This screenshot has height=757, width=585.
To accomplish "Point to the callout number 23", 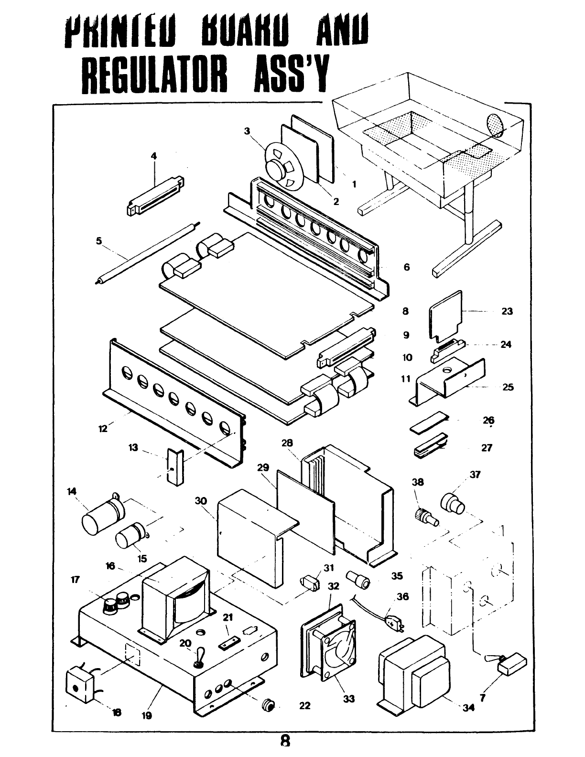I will coord(507,312).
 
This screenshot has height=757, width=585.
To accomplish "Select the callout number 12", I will coord(103,428).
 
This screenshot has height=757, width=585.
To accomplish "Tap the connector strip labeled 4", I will coord(155,196).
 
